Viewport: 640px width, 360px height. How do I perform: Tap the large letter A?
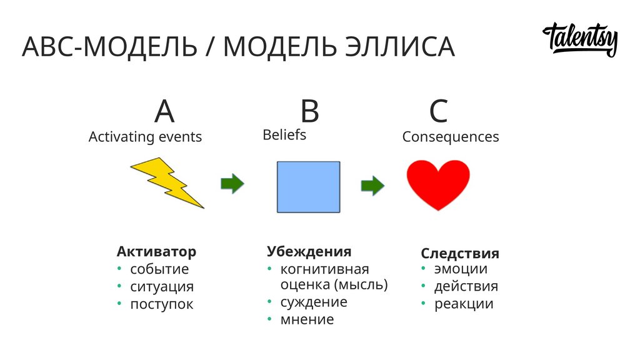[164, 112]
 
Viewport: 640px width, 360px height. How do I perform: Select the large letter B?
[309, 112]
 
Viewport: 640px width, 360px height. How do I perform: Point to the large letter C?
[438, 112]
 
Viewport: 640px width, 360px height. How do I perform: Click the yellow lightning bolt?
[166, 182]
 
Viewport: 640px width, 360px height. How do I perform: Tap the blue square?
[309, 186]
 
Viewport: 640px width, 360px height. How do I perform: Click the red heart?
[438, 184]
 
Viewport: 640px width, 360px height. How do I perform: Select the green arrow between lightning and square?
[232, 184]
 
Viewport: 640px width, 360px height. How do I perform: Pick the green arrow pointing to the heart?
[372, 185]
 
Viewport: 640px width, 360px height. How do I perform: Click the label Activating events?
[145, 136]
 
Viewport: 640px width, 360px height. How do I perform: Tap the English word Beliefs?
[284, 134]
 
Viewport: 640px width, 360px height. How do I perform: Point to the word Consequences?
[450, 136]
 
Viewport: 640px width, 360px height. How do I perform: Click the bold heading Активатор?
[156, 251]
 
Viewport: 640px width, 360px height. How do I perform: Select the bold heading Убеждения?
[309, 251]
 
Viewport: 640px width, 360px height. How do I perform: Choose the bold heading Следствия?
[459, 253]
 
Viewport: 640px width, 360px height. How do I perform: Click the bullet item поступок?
[161, 304]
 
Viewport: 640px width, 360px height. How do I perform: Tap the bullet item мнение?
[307, 319]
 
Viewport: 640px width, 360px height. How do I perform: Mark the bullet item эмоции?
[461, 269]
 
